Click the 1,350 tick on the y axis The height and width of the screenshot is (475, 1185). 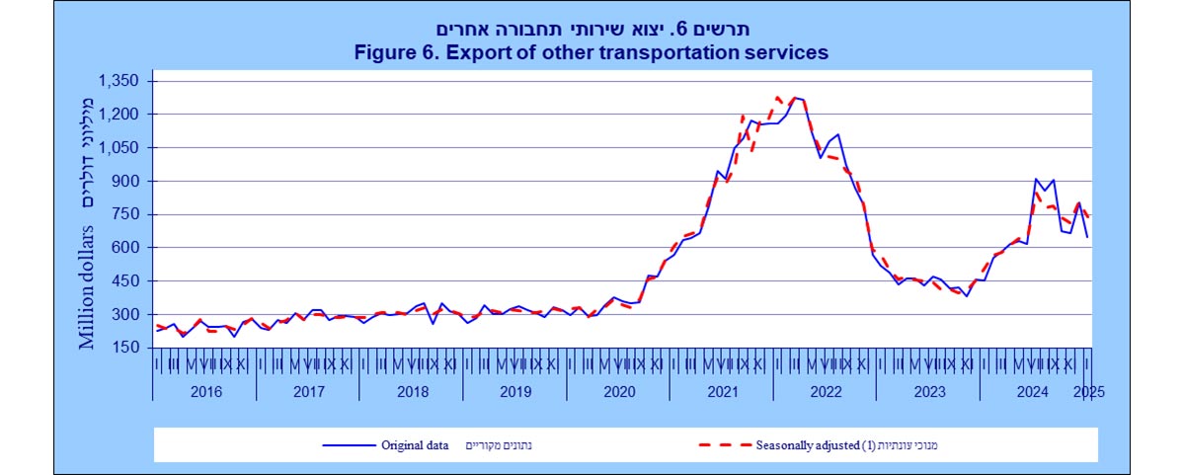click(x=121, y=80)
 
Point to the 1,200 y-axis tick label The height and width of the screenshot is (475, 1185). click(x=121, y=114)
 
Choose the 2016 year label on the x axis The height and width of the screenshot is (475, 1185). click(x=204, y=391)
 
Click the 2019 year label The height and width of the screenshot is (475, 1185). click(x=514, y=391)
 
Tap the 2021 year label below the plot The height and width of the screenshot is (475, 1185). click(x=722, y=391)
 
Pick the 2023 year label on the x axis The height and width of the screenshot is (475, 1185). click(x=928, y=391)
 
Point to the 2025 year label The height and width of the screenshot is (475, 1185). click(x=1088, y=391)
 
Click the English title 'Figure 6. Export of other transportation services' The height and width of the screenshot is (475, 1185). click(x=592, y=52)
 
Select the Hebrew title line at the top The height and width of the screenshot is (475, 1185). click(x=592, y=29)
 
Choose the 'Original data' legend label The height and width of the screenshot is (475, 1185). click(x=415, y=445)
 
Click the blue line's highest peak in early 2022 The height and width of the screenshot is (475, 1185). click(x=795, y=98)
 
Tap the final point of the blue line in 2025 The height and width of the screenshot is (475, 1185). click(x=1088, y=237)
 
